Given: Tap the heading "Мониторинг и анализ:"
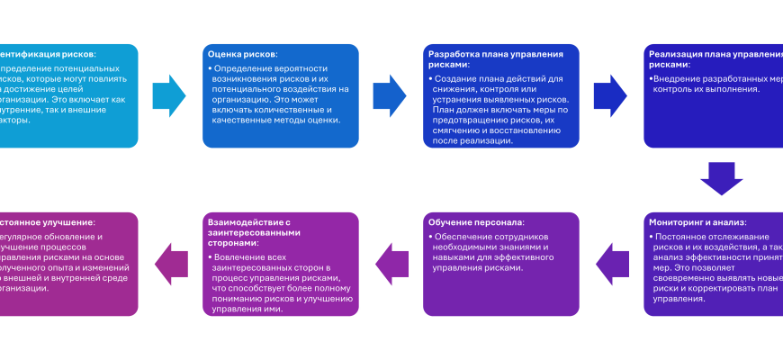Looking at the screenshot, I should click(697, 222).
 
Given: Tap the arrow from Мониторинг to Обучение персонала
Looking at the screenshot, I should click(613, 264).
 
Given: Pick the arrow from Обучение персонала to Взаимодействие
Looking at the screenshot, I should click(391, 264).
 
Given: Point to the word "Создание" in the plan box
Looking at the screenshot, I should click(459, 79).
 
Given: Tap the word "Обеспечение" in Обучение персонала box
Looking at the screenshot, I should click(461, 237).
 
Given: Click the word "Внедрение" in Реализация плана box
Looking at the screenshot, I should click(679, 78).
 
